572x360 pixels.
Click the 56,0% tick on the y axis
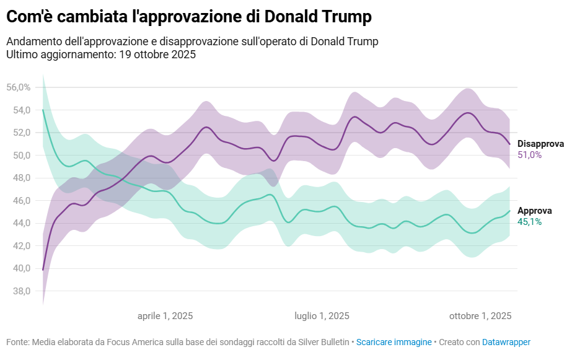(x=19, y=87)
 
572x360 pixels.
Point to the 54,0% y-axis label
(x=19, y=110)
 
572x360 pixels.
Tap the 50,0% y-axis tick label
(x=19, y=156)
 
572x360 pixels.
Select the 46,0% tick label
(x=19, y=201)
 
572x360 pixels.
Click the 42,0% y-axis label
(x=19, y=246)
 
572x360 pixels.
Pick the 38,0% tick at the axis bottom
(x=19, y=291)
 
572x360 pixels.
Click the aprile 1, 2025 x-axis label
(x=165, y=316)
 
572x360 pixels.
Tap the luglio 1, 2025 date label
(x=322, y=316)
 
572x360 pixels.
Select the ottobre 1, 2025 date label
(x=480, y=316)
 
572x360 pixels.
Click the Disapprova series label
(x=540, y=144)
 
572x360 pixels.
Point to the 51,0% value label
(x=530, y=155)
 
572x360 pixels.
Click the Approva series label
(x=534, y=211)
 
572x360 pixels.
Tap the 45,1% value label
(x=529, y=222)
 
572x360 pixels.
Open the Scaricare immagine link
(x=394, y=342)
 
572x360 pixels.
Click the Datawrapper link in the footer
(x=506, y=342)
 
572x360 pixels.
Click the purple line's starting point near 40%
(x=43, y=270)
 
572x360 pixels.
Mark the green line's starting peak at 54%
(x=43, y=110)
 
